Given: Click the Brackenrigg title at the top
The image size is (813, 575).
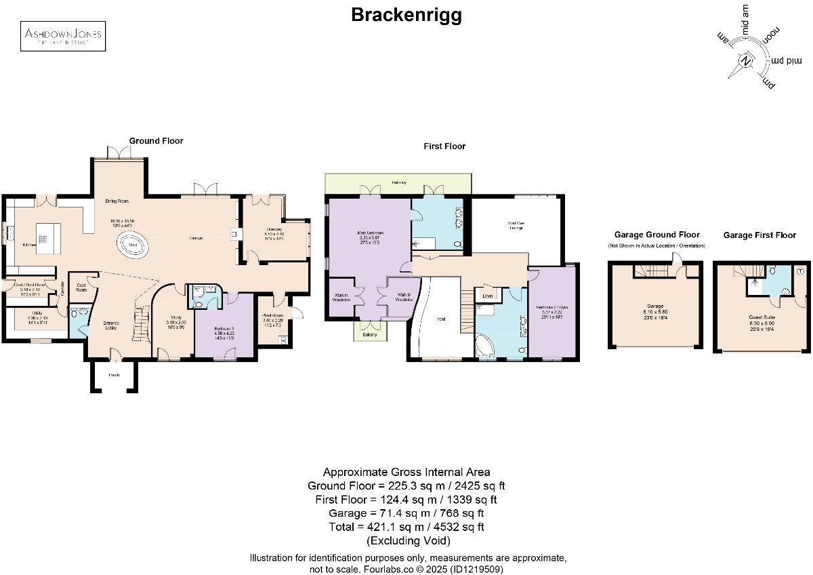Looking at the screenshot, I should point(406,15).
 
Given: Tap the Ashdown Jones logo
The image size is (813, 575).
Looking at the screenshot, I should point(63,36).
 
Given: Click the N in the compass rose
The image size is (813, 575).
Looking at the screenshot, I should point(746,62).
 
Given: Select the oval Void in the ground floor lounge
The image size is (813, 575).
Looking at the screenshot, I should point(133,245).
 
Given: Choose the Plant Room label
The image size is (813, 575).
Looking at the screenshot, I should point(272,317).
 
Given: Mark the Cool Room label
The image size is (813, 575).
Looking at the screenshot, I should point(81,287).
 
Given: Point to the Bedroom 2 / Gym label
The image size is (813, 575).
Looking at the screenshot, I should point(552,309).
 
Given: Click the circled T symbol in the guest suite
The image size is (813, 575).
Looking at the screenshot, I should point(801,271).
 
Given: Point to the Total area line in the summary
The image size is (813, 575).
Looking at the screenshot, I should point(406,526).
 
